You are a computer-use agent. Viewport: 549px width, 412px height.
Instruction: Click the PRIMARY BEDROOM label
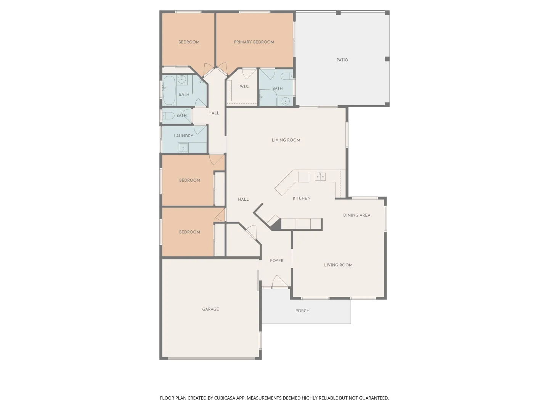[x=254, y=42]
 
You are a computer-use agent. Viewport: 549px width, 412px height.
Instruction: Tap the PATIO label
[x=342, y=60]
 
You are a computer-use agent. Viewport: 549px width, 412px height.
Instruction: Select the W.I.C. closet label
[x=244, y=87]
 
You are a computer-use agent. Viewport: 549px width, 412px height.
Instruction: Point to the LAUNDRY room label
[x=183, y=136]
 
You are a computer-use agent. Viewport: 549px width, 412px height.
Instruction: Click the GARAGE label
[x=210, y=309]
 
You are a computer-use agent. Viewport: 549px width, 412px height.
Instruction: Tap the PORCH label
[x=302, y=311]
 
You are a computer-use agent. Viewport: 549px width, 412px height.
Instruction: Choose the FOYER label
[x=276, y=261]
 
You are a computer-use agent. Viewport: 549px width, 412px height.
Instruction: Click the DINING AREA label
[x=356, y=215]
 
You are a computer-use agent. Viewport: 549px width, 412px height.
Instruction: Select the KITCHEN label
[x=302, y=198]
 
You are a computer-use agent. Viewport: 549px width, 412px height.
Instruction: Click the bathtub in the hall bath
[x=169, y=90]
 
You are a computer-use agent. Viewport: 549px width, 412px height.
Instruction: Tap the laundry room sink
[x=183, y=148]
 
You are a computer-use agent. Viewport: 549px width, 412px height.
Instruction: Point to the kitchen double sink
[x=320, y=176]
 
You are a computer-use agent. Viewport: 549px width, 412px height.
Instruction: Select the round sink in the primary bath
[x=285, y=101]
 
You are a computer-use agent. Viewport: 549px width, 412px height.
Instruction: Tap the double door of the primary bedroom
[x=215, y=70]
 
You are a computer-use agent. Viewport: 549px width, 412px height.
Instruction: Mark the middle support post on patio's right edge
[x=387, y=59]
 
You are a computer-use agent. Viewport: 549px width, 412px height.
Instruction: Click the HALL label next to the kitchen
[x=243, y=199]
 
